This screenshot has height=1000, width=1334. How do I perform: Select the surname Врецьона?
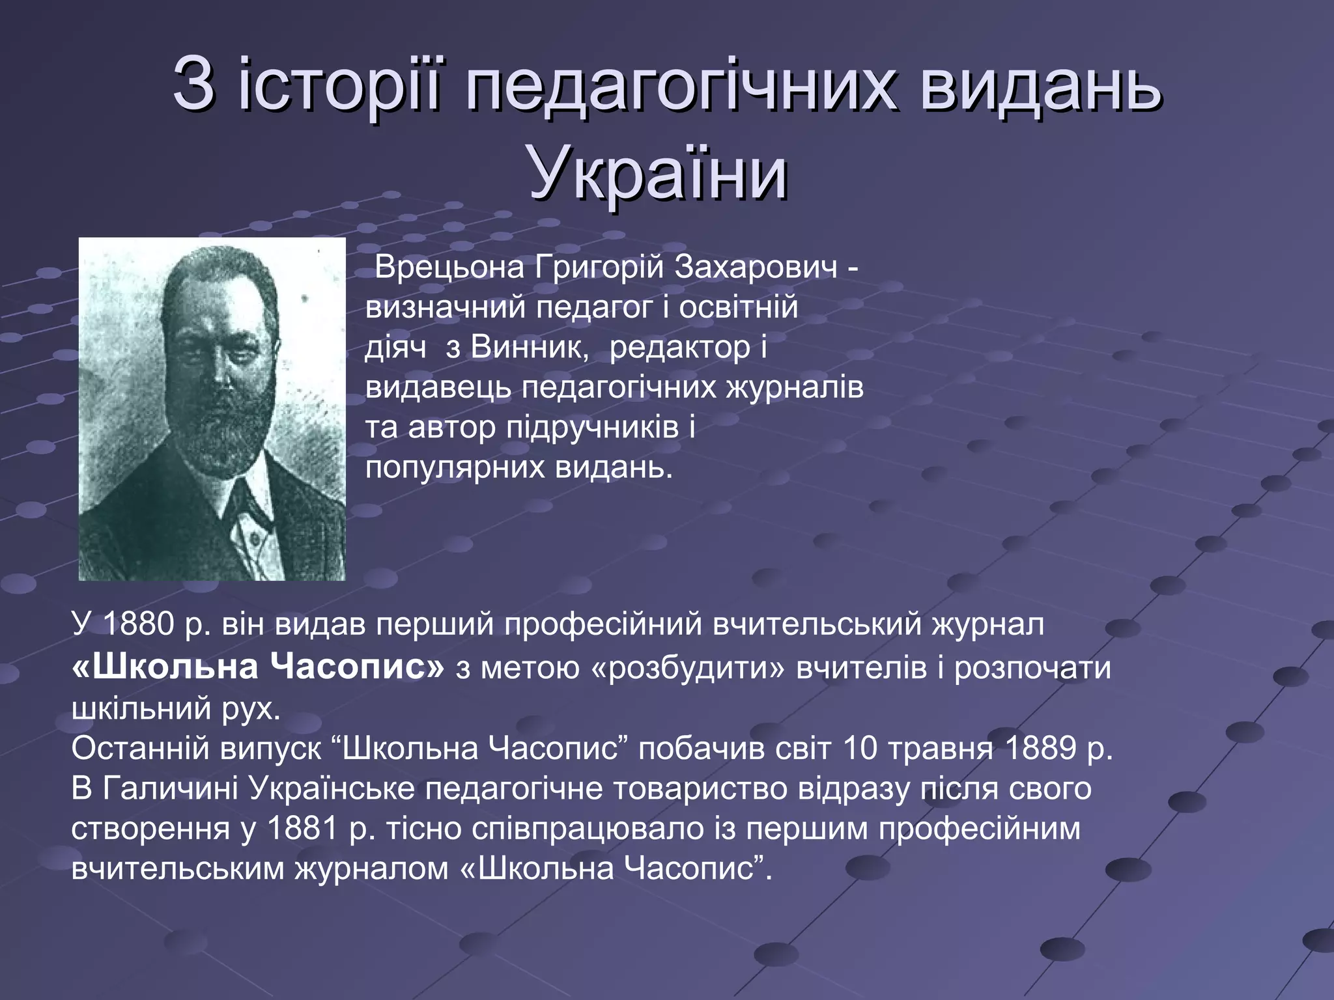(450, 267)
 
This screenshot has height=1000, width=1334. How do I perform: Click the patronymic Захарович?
(756, 267)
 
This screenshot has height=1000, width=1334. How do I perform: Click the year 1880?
(138, 624)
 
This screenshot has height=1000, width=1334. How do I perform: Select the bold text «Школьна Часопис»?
(258, 667)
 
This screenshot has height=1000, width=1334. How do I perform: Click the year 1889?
(1040, 749)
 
